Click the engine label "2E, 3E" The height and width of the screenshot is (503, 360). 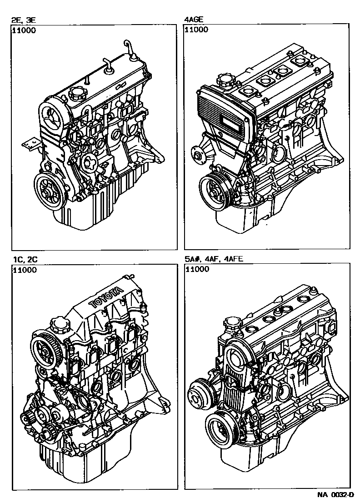(24, 20)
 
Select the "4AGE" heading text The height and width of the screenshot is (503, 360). (194, 20)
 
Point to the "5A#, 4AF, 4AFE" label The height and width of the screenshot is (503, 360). (214, 259)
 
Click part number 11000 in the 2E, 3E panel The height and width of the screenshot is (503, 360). (25, 31)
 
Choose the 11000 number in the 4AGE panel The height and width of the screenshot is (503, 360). (197, 30)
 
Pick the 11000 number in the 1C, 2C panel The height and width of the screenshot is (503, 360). (25, 270)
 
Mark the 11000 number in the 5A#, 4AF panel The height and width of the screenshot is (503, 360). (197, 269)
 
